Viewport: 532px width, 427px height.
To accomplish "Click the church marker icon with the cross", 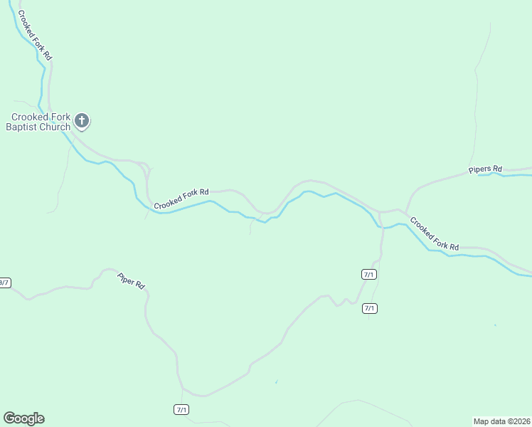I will coord(82,121).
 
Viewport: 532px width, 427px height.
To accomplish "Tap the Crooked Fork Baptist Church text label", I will coord(40,122).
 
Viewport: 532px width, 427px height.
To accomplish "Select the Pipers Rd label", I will coord(485,169).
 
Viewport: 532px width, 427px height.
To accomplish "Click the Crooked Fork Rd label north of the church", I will coord(35,35).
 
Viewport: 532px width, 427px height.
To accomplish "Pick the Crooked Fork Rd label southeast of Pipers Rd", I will coord(434,233).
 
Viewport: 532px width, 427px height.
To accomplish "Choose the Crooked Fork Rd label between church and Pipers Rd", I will coord(181,198).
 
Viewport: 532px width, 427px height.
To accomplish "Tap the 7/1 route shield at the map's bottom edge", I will coord(181,409).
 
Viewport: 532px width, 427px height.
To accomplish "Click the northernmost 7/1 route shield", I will coord(369,274).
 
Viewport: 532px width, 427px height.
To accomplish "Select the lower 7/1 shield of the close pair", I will coord(369,308).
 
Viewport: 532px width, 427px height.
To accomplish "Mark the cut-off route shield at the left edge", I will coord(4,283).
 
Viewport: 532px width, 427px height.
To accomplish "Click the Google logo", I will coord(23,418).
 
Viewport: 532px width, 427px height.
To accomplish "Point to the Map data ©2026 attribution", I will coord(501,421).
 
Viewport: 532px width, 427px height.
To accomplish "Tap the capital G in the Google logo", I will coord(9,418).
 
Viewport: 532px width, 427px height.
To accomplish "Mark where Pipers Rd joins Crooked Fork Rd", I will coord(405,211).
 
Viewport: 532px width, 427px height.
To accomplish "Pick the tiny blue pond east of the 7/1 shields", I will coord(496,325).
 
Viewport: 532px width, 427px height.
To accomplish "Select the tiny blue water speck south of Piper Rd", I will coord(276,382).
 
